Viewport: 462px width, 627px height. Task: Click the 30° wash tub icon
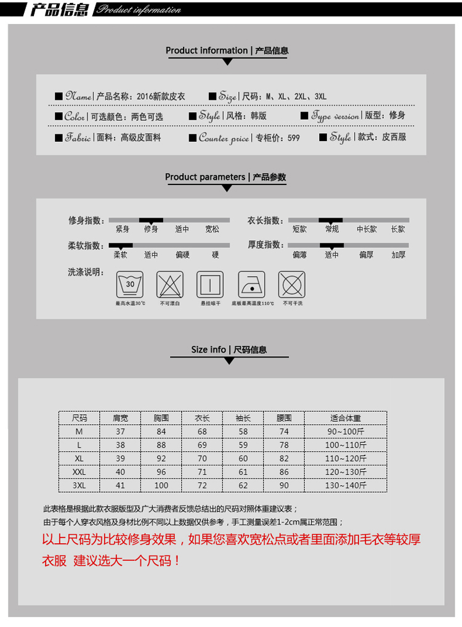[129, 284]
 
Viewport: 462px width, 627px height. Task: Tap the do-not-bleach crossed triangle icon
[170, 284]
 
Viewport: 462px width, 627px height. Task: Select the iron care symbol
[252, 284]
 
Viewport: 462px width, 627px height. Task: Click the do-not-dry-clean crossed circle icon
[292, 284]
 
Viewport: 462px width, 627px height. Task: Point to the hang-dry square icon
[210, 284]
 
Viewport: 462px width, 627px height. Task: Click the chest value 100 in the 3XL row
[161, 485]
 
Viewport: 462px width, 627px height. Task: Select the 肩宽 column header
[120, 417]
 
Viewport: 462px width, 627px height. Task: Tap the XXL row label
[79, 472]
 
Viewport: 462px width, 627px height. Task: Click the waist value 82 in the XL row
[283, 458]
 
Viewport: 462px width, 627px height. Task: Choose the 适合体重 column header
[346, 417]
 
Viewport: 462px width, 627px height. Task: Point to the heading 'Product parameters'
[205, 177]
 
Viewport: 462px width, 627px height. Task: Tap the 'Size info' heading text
[208, 350]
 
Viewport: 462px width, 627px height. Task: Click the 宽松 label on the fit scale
[212, 229]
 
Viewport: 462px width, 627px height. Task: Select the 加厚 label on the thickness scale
[398, 255]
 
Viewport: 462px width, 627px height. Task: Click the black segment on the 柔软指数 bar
[121, 245]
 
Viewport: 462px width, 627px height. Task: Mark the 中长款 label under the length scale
[367, 229]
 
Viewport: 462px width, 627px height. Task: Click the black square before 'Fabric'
[59, 137]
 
